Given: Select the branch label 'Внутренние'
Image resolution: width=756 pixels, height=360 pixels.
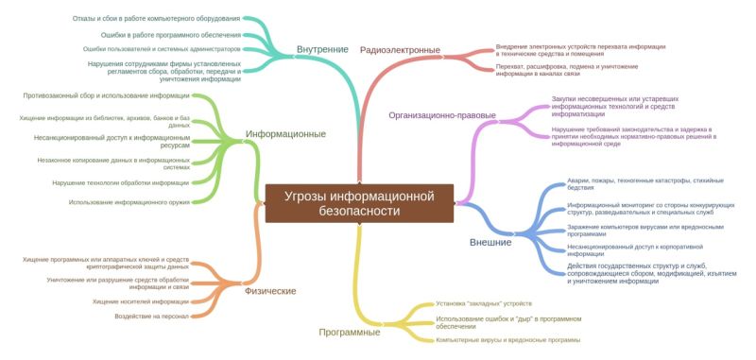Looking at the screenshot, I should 322,49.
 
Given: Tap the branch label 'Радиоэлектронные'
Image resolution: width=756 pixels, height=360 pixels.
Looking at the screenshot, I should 400,50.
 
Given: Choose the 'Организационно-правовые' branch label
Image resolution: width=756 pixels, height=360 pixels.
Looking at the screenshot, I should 442,115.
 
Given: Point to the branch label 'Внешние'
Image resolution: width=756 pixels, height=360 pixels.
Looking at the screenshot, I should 490,242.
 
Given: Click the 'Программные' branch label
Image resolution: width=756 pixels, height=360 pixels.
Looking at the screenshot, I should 350,332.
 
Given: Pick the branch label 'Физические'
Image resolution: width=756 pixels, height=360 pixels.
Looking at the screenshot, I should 270,291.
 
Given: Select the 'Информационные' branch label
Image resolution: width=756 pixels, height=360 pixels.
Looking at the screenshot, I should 285,134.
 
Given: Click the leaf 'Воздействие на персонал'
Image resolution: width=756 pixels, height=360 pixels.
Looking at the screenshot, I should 152,317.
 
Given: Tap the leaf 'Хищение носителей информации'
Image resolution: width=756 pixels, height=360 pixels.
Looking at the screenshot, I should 141,301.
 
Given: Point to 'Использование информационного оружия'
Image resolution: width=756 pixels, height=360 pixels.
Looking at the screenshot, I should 129,202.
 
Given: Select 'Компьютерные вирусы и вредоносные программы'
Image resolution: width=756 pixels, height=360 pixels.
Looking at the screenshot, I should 508,339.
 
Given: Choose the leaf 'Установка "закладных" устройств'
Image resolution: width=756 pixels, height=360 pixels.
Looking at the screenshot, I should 484,304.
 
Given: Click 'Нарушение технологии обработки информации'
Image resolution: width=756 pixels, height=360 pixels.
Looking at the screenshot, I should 121,182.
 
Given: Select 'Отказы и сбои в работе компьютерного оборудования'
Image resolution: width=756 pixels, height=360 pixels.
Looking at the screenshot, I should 156,18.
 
